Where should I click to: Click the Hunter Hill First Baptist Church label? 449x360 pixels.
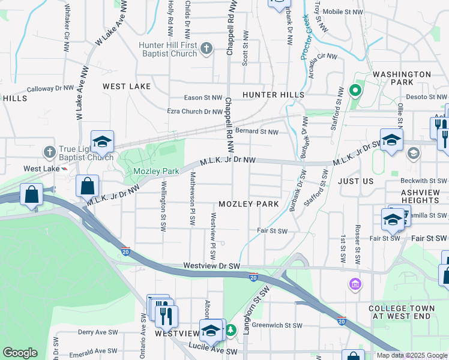point(167,49)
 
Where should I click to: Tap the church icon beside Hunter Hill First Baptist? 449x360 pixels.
point(206,48)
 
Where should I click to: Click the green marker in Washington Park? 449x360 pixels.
point(355,92)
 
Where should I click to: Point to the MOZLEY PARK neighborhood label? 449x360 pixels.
point(249,204)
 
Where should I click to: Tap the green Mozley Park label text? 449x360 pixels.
point(155,172)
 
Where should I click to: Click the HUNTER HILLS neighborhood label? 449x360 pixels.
point(273,95)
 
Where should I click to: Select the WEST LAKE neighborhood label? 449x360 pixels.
point(127,86)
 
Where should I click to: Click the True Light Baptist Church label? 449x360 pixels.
point(85,153)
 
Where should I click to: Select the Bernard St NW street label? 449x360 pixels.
point(257,131)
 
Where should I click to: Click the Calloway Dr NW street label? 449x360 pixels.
point(50,88)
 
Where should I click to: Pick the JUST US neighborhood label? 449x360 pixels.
point(355,181)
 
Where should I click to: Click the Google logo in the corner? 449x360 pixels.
point(20,353)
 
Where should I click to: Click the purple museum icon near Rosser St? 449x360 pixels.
point(355,283)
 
